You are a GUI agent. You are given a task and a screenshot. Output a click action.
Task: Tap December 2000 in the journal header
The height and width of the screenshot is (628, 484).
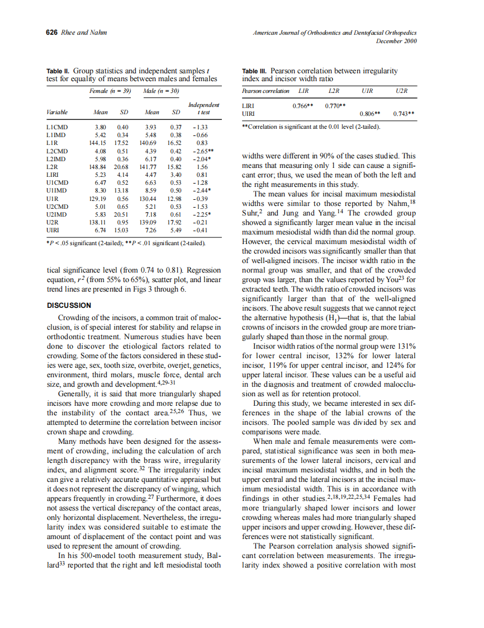(396, 41)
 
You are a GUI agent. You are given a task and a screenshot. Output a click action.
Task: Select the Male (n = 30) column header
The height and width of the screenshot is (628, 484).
(160, 91)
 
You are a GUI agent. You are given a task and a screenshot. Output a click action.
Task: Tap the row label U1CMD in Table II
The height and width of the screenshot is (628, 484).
(57, 182)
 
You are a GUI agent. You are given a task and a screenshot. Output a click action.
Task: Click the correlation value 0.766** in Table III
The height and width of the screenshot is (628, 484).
(303, 105)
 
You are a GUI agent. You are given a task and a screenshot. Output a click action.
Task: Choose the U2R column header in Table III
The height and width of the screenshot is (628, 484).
(401, 91)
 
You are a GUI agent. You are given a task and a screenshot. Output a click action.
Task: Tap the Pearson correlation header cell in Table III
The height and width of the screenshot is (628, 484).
(265, 91)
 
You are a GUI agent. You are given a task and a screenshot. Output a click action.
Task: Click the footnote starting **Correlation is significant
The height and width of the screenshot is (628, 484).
(311, 126)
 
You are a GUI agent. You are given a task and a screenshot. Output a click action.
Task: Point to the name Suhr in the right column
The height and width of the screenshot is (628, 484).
(250, 213)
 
